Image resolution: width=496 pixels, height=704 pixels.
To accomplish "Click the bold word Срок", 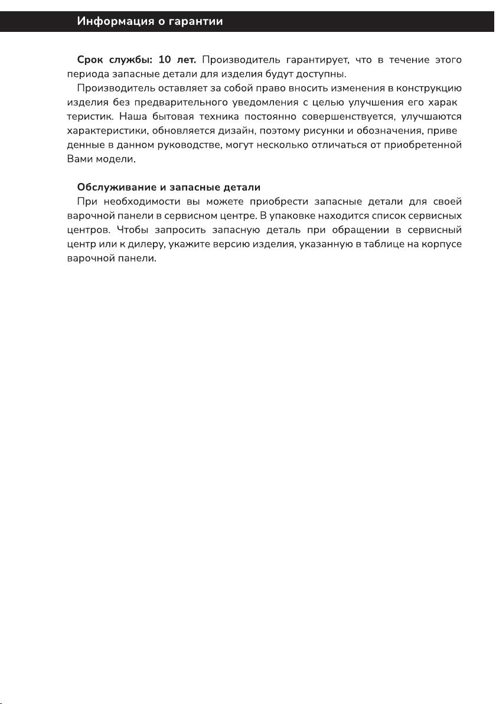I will (90, 60).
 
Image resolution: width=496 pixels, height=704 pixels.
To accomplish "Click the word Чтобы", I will (130, 230).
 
